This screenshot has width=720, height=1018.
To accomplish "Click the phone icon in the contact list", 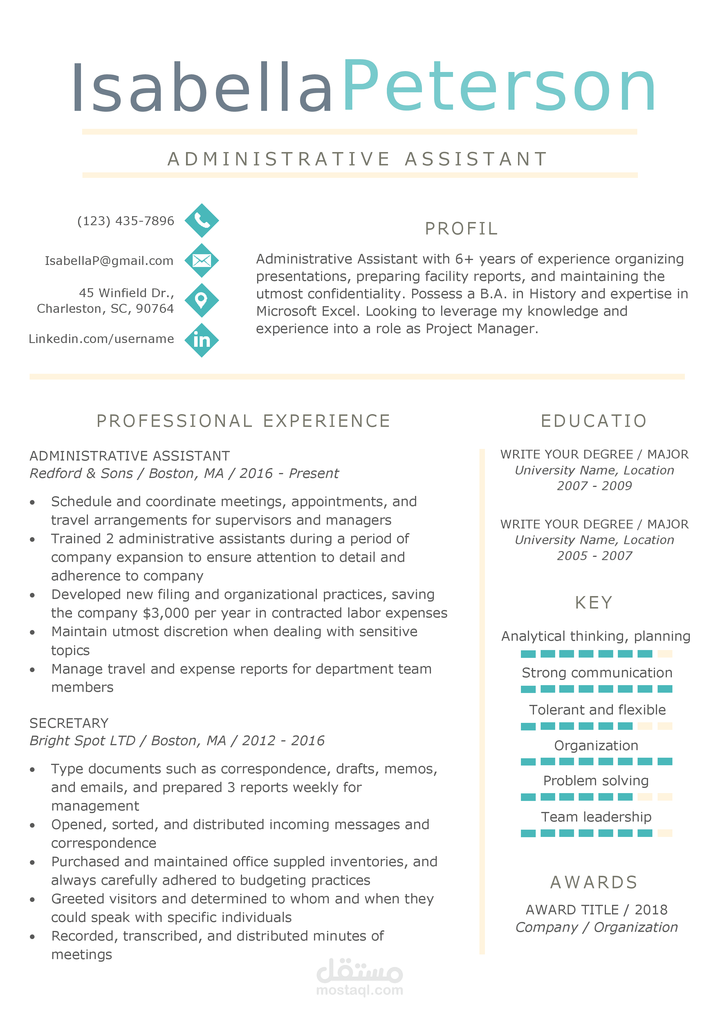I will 202,220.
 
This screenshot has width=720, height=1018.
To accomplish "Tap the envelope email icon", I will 202,260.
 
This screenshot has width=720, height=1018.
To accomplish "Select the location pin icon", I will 202,300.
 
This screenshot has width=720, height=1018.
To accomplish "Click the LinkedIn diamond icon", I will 202,340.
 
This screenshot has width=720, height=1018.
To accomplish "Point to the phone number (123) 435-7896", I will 125,221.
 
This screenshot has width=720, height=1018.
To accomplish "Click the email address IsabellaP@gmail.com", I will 109,261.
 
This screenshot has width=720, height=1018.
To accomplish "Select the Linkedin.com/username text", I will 101,339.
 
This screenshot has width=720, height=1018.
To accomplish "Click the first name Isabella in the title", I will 202,87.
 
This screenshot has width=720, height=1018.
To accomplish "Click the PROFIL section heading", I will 461,229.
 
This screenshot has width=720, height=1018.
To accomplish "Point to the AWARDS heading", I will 594,882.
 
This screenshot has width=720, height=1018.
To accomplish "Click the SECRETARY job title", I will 69,723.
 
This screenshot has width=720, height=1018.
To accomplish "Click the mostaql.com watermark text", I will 360,990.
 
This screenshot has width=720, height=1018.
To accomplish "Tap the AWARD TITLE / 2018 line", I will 596,910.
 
